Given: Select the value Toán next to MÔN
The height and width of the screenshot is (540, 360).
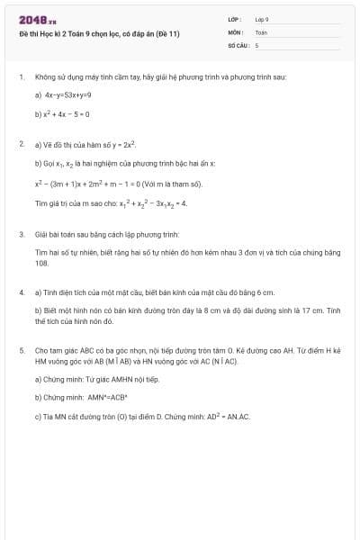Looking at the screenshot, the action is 261,31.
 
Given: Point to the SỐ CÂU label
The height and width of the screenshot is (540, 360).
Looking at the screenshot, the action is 238,44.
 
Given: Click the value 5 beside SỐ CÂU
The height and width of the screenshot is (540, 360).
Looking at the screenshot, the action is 257,44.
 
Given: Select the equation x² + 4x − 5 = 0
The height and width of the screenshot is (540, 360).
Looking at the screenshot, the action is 66,114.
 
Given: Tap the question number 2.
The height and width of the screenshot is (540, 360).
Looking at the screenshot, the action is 21,143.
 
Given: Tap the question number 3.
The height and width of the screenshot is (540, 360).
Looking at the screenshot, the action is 21,234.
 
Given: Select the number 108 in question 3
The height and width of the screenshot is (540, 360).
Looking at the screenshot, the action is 41,263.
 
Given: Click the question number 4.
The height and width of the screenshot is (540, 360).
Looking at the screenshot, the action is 21,292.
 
